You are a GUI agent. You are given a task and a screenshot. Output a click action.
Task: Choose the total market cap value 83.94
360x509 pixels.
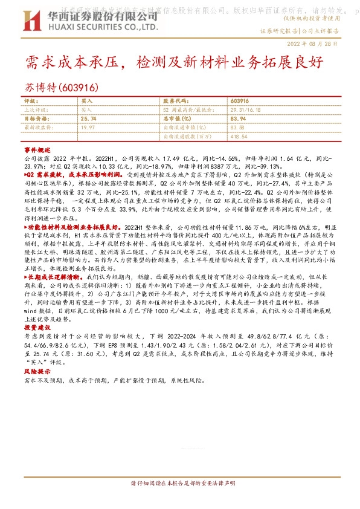pyautogui.click(x=239, y=120)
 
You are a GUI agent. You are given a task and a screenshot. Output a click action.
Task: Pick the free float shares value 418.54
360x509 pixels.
pyautogui.click(x=239, y=137)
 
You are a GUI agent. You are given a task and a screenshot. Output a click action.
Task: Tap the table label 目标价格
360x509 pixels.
pyautogui.click(x=36, y=120)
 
